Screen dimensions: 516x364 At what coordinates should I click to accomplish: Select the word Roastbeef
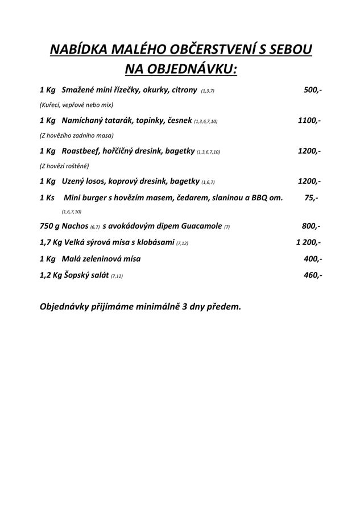point(81,151)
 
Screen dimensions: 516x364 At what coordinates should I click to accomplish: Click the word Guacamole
point(198,226)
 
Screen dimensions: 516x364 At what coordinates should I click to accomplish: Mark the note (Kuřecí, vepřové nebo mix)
point(77,105)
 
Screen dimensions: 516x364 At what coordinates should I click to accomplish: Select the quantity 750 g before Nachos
point(50,226)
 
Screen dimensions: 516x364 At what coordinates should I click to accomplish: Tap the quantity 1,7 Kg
point(49,242)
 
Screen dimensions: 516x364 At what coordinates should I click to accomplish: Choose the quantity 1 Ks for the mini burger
point(47,197)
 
